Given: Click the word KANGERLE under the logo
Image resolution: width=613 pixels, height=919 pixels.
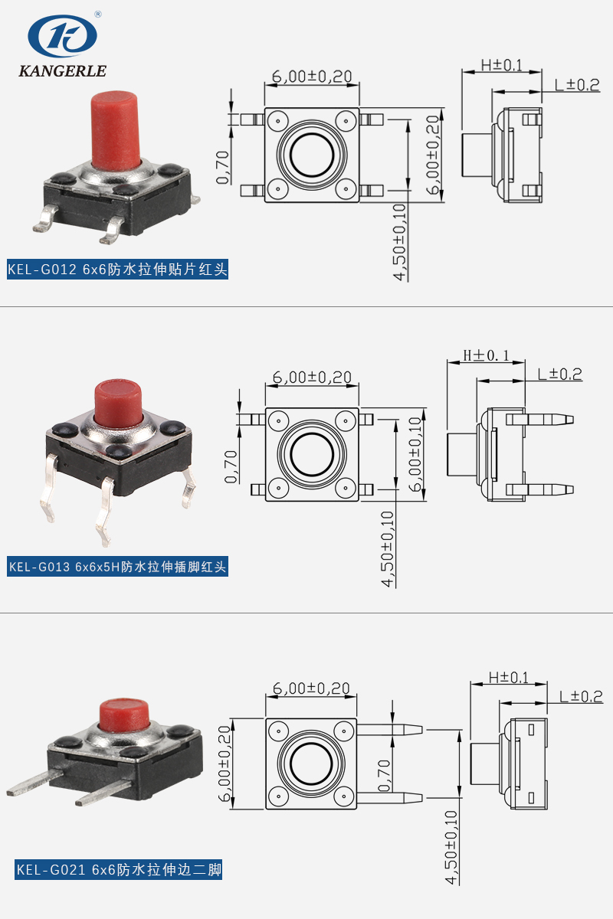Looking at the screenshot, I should point(62,71).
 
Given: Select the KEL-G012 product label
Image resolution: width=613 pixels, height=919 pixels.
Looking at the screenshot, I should point(117,270).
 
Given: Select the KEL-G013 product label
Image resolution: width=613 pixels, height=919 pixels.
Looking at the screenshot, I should point(117,567).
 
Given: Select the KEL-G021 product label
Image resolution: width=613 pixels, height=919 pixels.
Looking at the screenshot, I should point(119,870).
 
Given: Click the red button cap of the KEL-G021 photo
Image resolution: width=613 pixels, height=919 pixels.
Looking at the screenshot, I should point(124,714).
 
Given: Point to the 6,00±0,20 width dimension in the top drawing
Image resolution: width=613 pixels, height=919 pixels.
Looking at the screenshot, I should point(312,77).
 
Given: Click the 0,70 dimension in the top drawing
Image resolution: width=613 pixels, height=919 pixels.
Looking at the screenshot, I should point(223,168).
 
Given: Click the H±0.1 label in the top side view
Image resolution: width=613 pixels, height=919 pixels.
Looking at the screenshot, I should point(501,66).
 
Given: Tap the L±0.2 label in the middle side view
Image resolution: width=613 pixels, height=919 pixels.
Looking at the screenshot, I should point(559,374).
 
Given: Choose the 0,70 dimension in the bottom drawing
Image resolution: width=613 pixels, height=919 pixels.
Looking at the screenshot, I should point(385,774).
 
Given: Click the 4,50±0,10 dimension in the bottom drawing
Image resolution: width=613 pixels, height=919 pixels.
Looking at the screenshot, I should point(452,848).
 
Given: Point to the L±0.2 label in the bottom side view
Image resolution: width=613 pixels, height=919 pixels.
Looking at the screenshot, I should point(580,696).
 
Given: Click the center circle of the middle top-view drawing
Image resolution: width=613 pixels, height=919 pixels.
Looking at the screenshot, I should point(312,454).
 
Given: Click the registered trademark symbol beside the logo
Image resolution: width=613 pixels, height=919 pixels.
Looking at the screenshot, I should point(98,14).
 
